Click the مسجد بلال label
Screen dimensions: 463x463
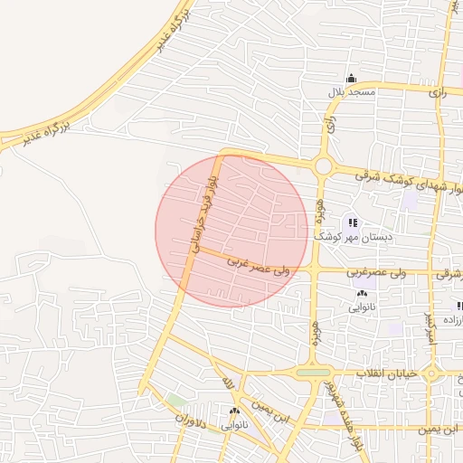[x=351, y=92]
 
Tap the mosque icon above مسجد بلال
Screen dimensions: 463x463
[x=351, y=78]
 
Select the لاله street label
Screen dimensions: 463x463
[x=229, y=384]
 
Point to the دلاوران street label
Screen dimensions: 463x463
[x=191, y=419]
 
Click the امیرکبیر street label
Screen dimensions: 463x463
[x=430, y=326]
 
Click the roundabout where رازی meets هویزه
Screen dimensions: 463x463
[x=323, y=166]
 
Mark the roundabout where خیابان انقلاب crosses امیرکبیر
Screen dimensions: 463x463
[x=433, y=372]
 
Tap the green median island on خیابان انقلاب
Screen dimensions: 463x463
[x=314, y=372]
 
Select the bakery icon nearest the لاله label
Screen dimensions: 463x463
[x=234, y=411]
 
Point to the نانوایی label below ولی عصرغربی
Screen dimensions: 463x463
[x=362, y=307]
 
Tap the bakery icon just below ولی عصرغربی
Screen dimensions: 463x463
[x=362, y=293]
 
